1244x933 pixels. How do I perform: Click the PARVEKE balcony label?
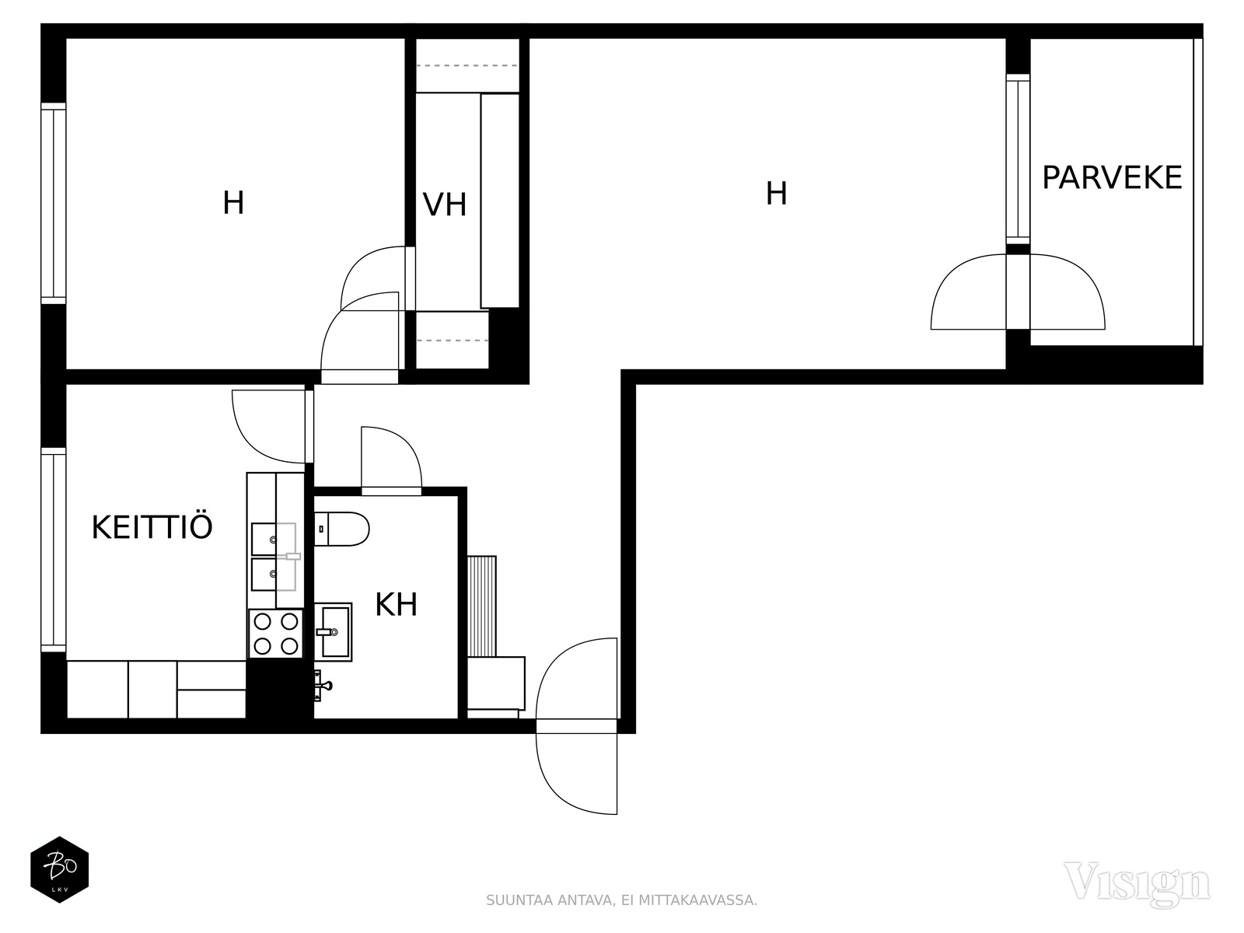click(x=1112, y=177)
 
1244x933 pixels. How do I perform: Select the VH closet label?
click(x=445, y=204)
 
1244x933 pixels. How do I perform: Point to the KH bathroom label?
click(x=397, y=604)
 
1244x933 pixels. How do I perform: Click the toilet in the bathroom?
click(x=341, y=529)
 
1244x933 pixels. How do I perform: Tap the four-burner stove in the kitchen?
click(x=276, y=634)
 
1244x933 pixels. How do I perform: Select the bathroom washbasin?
click(x=334, y=631)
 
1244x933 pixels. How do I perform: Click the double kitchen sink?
click(x=274, y=557)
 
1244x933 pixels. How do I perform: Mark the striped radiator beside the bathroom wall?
click(x=482, y=606)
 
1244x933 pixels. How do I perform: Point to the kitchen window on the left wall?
click(x=54, y=550)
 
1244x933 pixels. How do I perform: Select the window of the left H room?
click(x=54, y=204)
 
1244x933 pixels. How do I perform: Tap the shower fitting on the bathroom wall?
click(x=323, y=686)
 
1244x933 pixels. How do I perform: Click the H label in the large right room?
click(x=776, y=194)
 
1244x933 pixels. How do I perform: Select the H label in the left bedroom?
click(x=233, y=203)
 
